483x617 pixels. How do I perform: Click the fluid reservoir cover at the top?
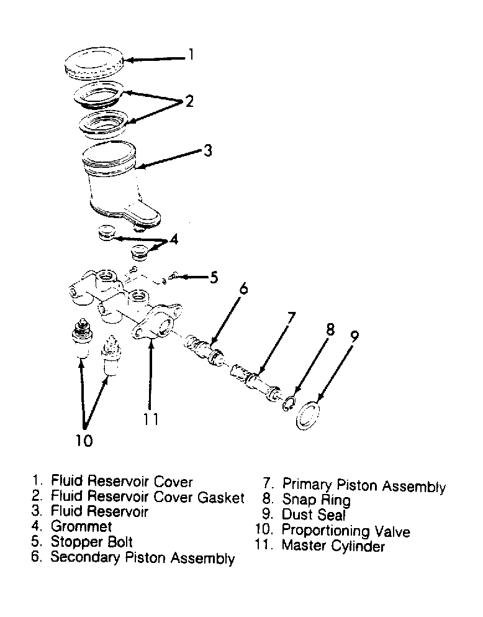(x=94, y=63)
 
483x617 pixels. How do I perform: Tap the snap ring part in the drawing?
(x=288, y=404)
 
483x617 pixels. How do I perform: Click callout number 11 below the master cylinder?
(x=150, y=419)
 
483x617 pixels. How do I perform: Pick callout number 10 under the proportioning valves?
(x=84, y=441)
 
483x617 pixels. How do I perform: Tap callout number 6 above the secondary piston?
(x=243, y=288)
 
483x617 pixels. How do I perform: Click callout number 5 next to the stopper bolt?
(x=214, y=277)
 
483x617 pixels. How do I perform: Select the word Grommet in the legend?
(x=81, y=526)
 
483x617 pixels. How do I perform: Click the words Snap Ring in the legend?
(x=316, y=500)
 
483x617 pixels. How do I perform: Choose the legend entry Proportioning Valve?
(x=346, y=531)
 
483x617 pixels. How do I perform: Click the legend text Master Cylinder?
(x=333, y=546)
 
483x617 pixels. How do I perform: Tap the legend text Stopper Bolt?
(x=91, y=542)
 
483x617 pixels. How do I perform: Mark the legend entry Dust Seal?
(x=314, y=514)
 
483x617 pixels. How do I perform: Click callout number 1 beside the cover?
(x=191, y=54)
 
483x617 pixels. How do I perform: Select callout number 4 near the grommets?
(x=174, y=239)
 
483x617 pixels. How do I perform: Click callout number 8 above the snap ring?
(x=330, y=329)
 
